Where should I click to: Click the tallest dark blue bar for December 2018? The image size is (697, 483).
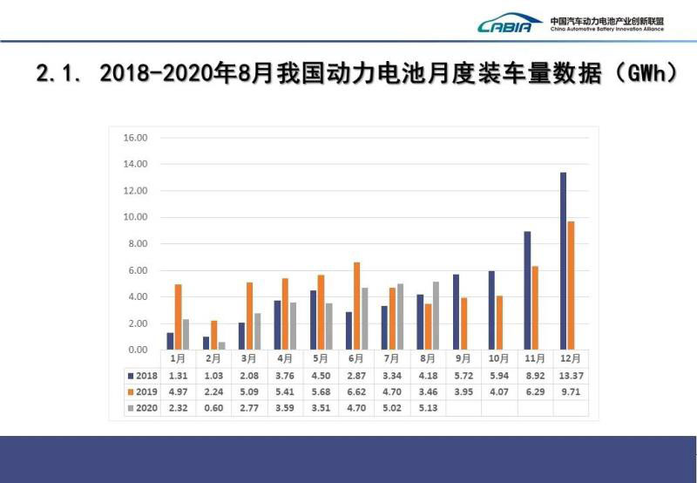[x=564, y=261]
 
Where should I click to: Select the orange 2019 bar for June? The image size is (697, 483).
[x=355, y=305]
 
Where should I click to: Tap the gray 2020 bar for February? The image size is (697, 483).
[x=222, y=345]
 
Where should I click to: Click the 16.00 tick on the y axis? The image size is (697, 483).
[x=136, y=138]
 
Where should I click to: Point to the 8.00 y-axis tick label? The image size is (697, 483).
[x=136, y=244]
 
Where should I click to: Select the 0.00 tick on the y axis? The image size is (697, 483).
[x=136, y=350]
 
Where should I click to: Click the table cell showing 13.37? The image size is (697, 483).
[x=570, y=376]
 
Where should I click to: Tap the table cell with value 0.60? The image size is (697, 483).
[x=213, y=407]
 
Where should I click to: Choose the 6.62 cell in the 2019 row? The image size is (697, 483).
[x=356, y=391]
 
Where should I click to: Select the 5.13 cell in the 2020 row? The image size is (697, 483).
[x=428, y=407]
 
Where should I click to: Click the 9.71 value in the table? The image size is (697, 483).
[x=570, y=391]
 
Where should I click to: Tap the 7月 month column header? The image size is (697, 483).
[x=391, y=359]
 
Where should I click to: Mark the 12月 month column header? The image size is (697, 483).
[x=570, y=359]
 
